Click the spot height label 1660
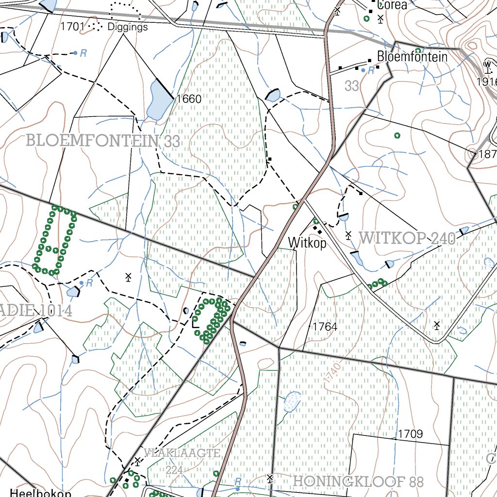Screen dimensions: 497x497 point(189,99)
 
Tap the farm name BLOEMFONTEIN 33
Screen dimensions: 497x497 point(103,141)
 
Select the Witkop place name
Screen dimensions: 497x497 point(307,243)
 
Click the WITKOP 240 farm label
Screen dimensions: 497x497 point(407,238)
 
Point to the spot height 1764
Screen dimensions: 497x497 point(325,327)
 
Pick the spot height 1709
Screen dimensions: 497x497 point(410,433)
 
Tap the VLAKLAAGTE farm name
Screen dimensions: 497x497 point(182,453)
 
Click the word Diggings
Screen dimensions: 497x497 point(128,27)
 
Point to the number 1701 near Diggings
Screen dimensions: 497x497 point(72,27)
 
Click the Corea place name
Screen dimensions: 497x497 point(392,6)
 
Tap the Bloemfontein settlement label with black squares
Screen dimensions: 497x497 point(412,56)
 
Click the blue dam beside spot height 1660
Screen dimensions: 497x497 point(159,100)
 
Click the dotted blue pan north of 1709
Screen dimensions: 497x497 point(291,402)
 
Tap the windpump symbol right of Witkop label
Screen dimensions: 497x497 point(348,235)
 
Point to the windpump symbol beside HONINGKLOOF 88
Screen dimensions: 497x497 point(270,479)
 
